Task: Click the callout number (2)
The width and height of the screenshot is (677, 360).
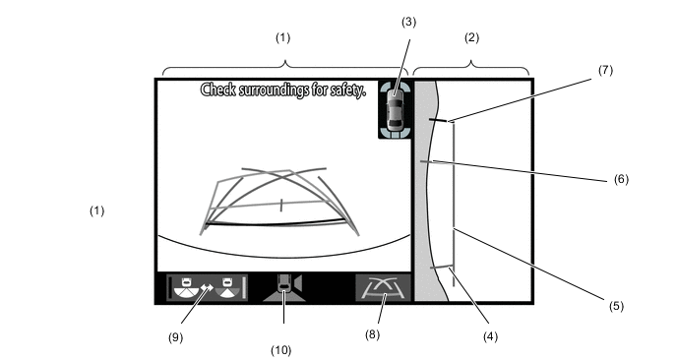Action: tap(471, 38)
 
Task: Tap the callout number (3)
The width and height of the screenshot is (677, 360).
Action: tap(408, 22)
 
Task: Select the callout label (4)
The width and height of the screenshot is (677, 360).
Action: tap(490, 336)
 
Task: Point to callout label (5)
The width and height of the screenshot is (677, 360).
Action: tap(616, 306)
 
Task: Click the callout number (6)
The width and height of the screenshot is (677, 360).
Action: tap(621, 179)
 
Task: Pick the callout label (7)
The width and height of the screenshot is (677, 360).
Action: tap(605, 70)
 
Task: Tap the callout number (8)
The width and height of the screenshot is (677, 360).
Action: tap(372, 334)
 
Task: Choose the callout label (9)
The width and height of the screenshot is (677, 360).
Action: tap(175, 337)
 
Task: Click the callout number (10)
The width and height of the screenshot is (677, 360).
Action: tap(281, 350)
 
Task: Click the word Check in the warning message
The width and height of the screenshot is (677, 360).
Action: tap(218, 90)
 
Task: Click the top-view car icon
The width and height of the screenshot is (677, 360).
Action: tap(394, 109)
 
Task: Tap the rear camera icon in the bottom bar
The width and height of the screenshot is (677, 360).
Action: tap(284, 287)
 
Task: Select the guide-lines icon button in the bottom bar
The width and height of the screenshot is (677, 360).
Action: tap(383, 287)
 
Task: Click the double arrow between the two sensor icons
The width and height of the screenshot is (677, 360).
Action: tap(208, 287)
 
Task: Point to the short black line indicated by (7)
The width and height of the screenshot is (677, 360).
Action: tap(438, 120)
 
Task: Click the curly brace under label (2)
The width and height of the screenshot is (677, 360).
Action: tap(471, 68)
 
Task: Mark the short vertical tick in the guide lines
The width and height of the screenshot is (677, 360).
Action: tap(281, 205)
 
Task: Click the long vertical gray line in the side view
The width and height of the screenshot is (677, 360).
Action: tap(454, 204)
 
